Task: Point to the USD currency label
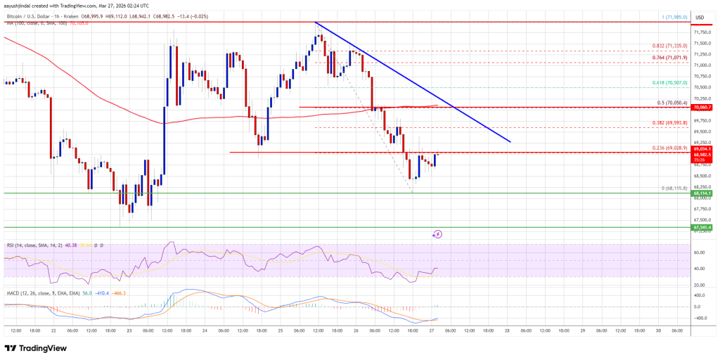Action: click(700, 18)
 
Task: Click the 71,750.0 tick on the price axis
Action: click(701, 32)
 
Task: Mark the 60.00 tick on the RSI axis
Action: click(700, 252)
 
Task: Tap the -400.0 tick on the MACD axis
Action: click(700, 318)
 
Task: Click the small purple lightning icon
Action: click(437, 234)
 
